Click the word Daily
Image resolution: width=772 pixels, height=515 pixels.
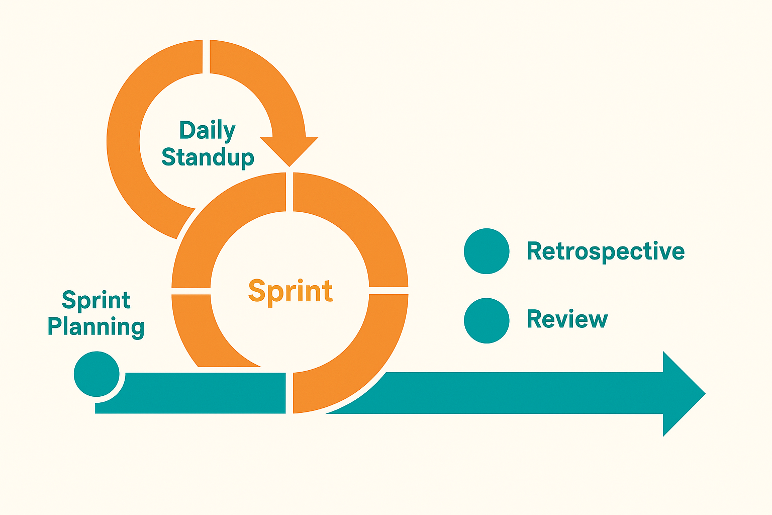(x=207, y=131)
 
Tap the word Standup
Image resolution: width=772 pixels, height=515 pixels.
(x=208, y=157)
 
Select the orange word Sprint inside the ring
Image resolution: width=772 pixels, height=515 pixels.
(x=291, y=291)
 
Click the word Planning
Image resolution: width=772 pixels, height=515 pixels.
(x=96, y=327)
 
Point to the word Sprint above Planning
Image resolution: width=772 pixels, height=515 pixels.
(x=96, y=300)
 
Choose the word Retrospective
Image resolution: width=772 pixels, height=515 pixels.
(x=605, y=251)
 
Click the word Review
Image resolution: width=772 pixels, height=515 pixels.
(x=567, y=319)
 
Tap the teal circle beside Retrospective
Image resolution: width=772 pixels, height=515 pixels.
(x=487, y=251)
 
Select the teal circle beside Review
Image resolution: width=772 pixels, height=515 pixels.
(x=487, y=320)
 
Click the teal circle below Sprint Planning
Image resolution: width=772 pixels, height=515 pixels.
(x=96, y=374)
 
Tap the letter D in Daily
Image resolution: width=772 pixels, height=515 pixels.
(x=187, y=131)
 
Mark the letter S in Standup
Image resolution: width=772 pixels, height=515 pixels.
(x=169, y=157)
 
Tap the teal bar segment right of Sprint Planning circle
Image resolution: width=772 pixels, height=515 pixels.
(x=201, y=393)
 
